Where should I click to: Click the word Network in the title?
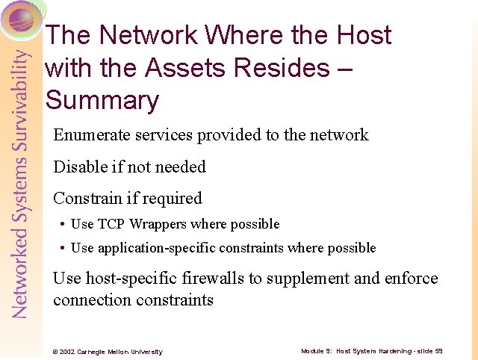pos(148,35)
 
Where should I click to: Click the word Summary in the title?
pos(102,100)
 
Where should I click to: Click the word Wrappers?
pos(158,224)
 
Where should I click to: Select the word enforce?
pos(411,279)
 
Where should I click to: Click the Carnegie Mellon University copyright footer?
pos(107,351)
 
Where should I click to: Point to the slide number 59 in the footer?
pos(438,350)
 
